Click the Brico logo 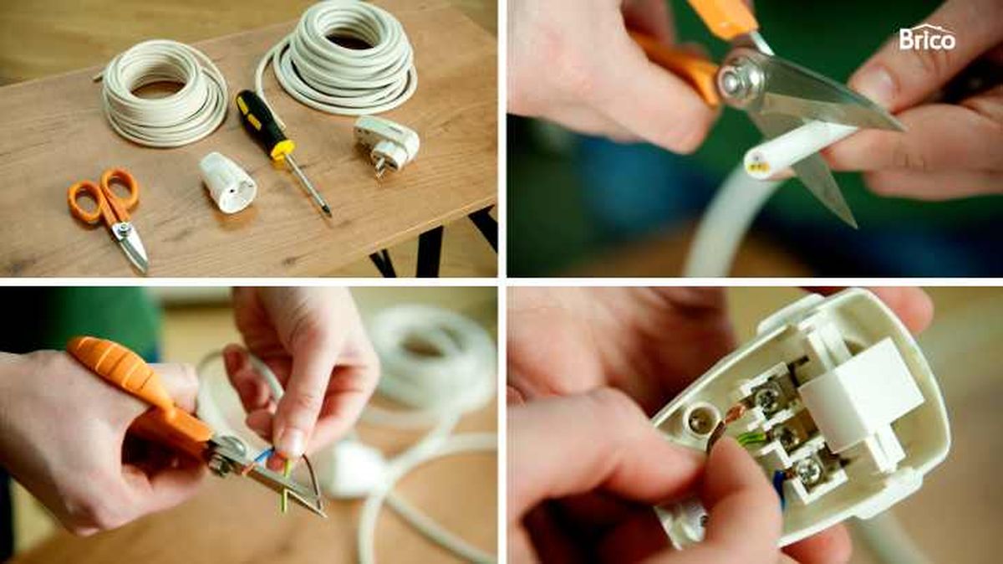click(x=927, y=38)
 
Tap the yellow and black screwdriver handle click(x=264, y=123)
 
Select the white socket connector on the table click(x=227, y=182)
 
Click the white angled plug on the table click(x=386, y=143)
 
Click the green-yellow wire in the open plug click(x=751, y=438)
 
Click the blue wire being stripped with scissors click(x=263, y=456)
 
